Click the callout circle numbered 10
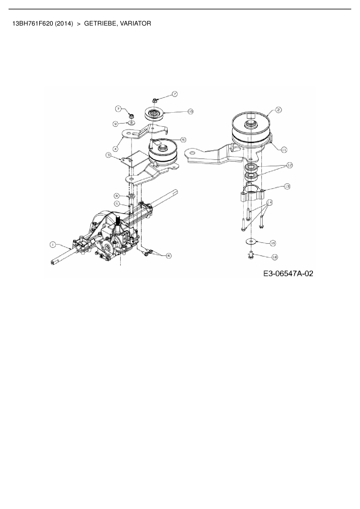pos(190,111)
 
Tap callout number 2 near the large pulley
pos(278,110)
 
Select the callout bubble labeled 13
pos(287,187)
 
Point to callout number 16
pos(275,257)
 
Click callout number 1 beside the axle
pos(53,245)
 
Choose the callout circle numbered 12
pos(289,165)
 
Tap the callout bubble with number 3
pos(108,155)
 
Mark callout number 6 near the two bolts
pos(169,256)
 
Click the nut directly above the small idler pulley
pos(154,100)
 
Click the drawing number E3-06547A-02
pos(288,273)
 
